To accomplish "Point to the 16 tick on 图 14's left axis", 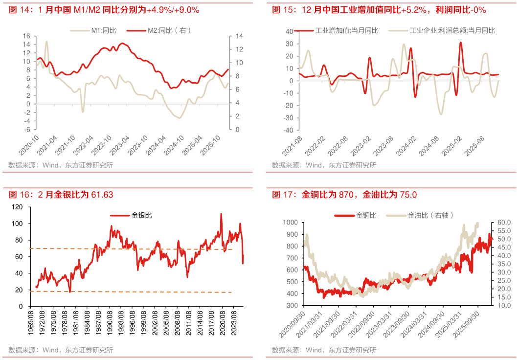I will point(26,36).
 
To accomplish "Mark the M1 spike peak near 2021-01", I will point(47,42).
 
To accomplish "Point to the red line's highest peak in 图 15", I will point(460,43).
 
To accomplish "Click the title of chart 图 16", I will point(61,195).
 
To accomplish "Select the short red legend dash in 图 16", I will point(120,215).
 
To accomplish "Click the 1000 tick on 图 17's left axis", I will point(291,222).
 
